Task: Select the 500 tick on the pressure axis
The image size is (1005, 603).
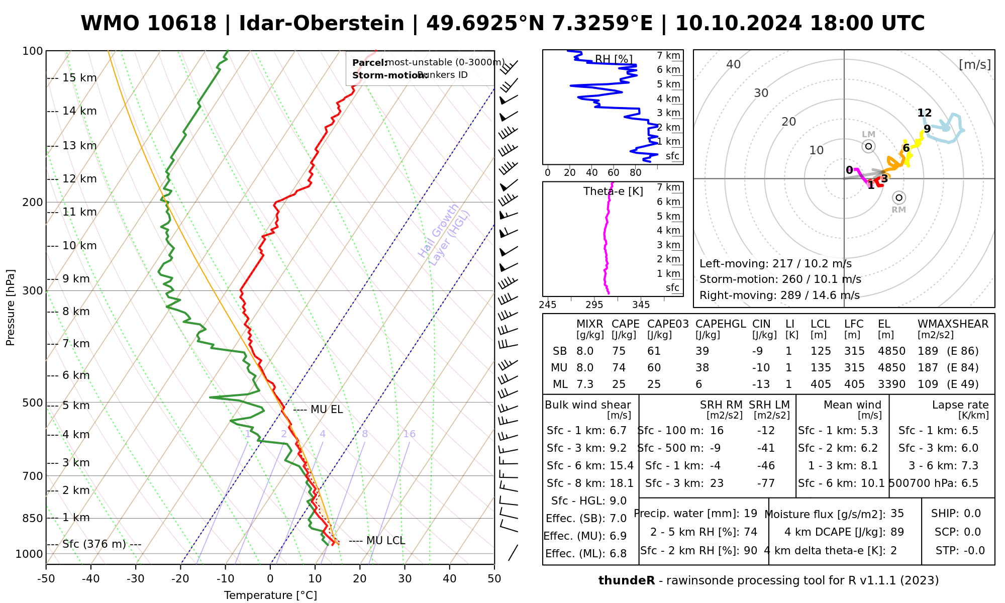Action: click(33, 403)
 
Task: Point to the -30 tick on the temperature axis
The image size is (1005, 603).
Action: click(136, 579)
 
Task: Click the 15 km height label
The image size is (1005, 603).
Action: click(79, 78)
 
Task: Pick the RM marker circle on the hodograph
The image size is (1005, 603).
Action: click(899, 198)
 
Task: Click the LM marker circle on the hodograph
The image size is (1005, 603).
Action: click(868, 146)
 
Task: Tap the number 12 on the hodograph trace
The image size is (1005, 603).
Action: click(925, 113)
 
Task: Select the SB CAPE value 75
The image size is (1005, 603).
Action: click(619, 351)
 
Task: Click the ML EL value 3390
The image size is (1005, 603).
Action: click(891, 384)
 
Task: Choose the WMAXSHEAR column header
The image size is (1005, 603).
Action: click(953, 324)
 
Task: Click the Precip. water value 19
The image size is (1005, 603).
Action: click(750, 514)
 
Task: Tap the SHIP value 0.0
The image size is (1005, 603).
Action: click(972, 514)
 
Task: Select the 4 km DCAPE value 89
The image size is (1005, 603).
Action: click(897, 532)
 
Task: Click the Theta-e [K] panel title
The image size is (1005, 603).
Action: click(613, 191)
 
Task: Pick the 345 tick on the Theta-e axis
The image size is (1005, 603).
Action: click(641, 305)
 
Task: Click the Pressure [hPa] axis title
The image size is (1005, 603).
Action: click(11, 308)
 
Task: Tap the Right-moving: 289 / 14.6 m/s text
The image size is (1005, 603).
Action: click(779, 295)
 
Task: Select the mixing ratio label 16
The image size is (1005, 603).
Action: click(409, 434)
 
